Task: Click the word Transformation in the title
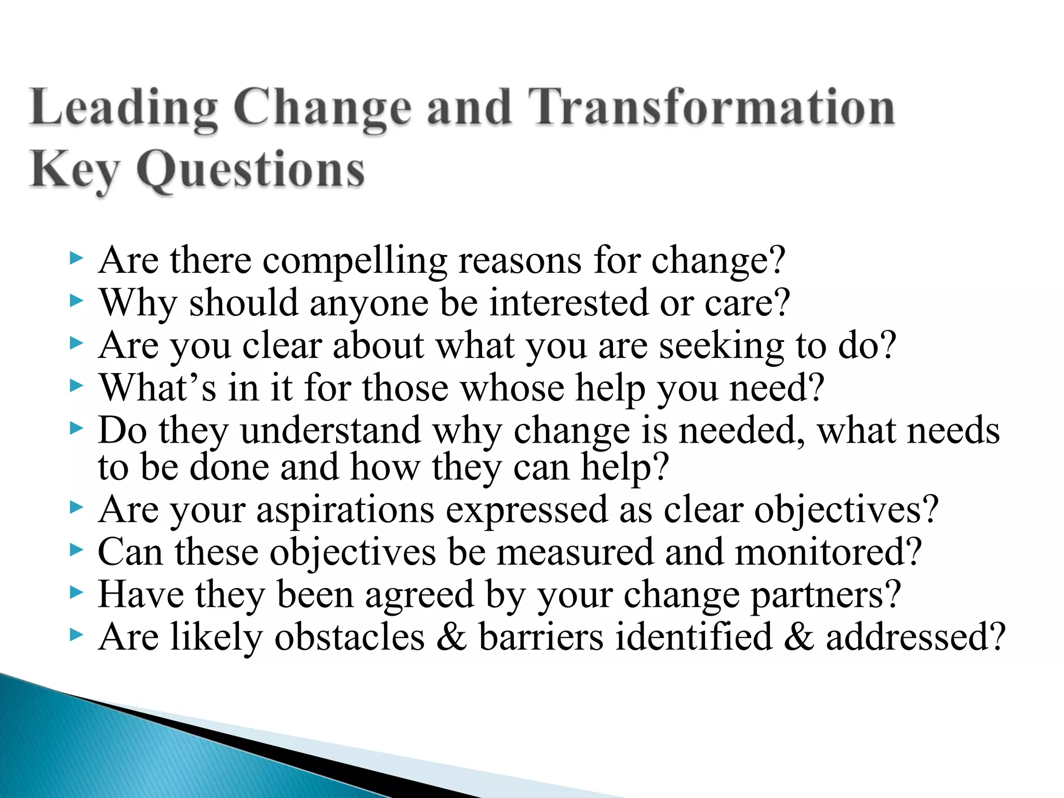712,108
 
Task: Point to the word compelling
354,260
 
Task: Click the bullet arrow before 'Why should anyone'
76,300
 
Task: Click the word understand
331,431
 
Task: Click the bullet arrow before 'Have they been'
76,592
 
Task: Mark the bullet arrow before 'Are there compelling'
76,257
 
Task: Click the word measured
575,552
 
